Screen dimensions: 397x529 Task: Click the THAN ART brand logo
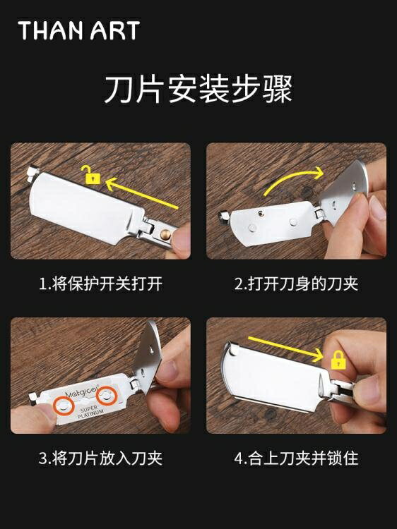point(78,30)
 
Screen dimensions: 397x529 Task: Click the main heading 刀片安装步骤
point(198,89)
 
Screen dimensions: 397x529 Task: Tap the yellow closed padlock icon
point(338,359)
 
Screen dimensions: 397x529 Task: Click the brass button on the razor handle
point(165,234)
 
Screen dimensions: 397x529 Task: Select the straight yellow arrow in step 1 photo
point(142,193)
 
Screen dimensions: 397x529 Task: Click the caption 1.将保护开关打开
point(101,284)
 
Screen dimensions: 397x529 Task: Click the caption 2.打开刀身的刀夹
point(296,284)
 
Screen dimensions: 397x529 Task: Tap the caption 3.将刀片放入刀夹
point(101,458)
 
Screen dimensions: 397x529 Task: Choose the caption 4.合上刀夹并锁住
point(296,458)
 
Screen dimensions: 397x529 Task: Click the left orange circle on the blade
point(64,406)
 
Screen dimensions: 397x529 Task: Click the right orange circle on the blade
point(107,396)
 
